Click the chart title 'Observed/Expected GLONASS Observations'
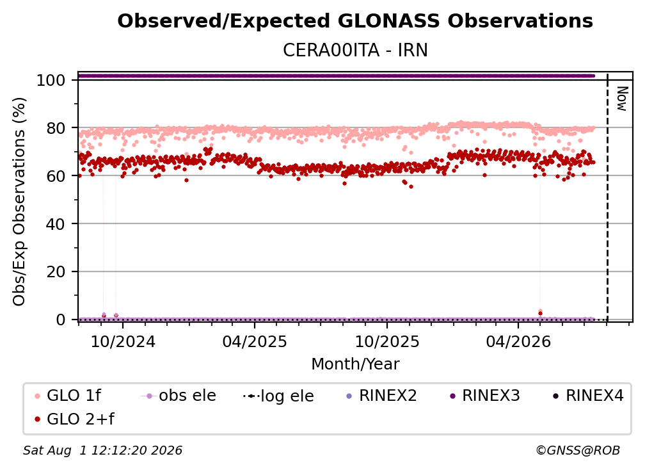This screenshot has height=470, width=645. tap(355, 21)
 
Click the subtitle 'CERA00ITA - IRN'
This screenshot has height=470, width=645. tap(355, 50)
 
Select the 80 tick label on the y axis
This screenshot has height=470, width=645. tap(56, 128)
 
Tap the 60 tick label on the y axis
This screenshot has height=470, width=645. tap(56, 175)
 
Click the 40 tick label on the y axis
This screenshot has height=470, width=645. tap(56, 224)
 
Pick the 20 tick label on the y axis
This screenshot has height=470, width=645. tap(56, 271)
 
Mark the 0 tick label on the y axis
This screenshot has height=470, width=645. tap(61, 320)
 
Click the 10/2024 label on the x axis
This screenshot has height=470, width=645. tap(123, 342)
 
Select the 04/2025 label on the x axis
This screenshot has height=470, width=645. tap(255, 342)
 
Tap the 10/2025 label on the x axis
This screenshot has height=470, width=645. tap(387, 342)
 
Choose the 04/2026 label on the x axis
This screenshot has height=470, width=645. tap(518, 342)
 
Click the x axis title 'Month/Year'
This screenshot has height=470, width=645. tap(355, 364)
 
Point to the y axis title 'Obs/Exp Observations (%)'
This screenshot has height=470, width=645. tap(19, 202)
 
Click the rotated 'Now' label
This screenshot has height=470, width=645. tap(622, 99)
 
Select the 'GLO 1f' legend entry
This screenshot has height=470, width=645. tap(68, 396)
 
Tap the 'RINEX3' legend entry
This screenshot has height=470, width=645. tap(485, 396)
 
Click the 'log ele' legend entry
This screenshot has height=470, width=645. tap(278, 396)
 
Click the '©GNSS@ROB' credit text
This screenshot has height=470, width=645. tap(578, 450)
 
